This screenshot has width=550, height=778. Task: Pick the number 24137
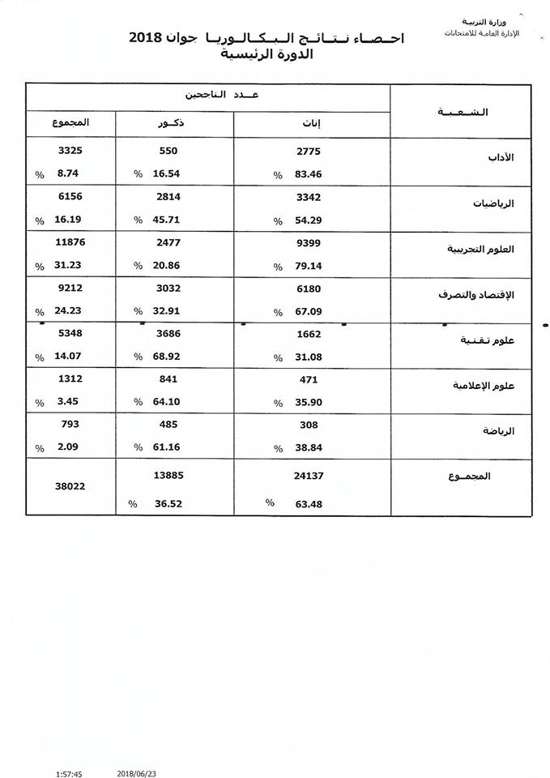coord(309,477)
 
